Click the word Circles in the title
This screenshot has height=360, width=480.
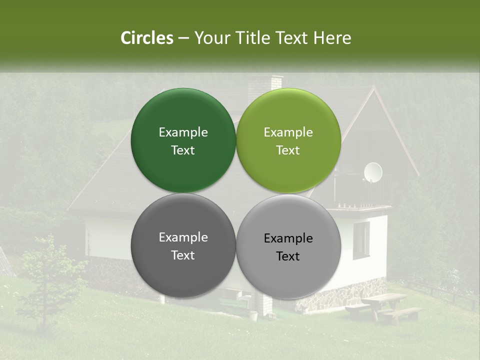coord(146,38)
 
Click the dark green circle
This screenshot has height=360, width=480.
coord(183,140)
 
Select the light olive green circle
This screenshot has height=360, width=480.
coord(288,140)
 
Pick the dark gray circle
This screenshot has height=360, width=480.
coord(183,246)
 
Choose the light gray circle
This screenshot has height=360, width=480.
coord(288,246)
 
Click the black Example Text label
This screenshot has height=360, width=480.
coord(288,247)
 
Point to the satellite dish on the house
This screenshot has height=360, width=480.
coord(372,172)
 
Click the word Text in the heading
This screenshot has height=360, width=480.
coord(292,38)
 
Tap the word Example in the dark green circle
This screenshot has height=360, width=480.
coord(183,132)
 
